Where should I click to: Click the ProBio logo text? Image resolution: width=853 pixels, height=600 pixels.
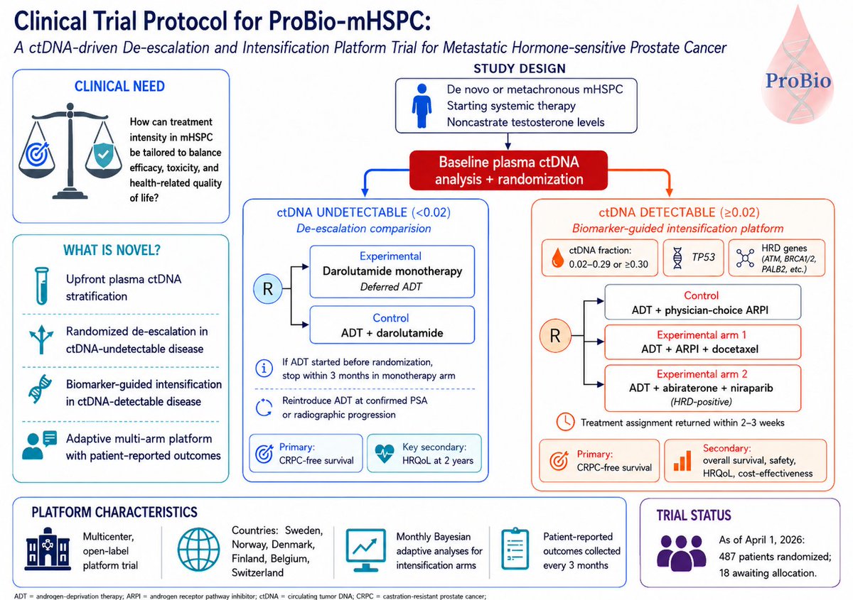pos(798,81)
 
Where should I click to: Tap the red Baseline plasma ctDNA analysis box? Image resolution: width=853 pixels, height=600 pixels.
pos(508,170)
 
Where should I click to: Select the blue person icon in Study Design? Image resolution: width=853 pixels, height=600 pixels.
pos(422,106)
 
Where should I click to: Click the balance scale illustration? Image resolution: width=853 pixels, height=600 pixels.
pos(70,151)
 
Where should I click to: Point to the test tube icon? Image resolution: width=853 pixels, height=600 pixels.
pos(42,285)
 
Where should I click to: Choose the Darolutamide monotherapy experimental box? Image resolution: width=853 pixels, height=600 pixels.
pos(392,271)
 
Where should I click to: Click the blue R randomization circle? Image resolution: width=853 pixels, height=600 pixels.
pos(268,289)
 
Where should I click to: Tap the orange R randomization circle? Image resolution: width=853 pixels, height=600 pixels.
pos(555,336)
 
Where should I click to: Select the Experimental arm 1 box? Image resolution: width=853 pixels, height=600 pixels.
pos(702,342)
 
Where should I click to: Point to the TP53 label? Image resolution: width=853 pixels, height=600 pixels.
pos(703,257)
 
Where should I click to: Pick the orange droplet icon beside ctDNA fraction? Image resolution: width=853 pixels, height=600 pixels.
pos(557,258)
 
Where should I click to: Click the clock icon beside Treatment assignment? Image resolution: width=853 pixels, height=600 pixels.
pos(566,422)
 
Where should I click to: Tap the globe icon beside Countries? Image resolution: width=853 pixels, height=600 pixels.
pos(199,550)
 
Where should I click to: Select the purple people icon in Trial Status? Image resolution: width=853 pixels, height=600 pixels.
pos(682,553)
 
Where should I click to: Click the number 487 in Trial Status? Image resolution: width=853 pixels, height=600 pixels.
pos(729,557)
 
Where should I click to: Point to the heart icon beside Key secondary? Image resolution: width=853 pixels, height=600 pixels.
pos(385,454)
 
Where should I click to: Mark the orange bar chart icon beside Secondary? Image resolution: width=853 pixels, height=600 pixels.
pos(682,461)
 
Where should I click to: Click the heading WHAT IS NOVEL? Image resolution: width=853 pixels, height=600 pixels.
pos(112,250)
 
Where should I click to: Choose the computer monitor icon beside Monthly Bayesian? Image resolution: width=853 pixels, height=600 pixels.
pos(365,550)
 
